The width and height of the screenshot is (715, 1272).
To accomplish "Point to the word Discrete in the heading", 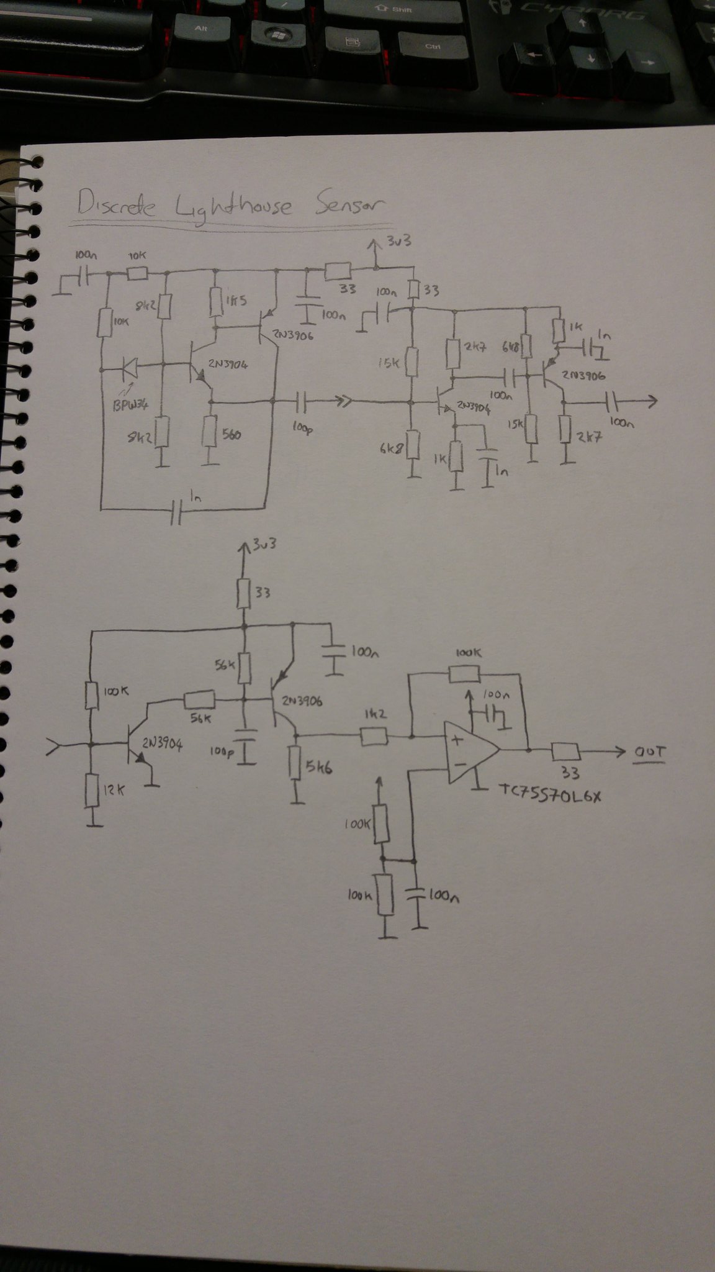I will point(116,204).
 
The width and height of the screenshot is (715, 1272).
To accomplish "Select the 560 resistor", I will point(211,433).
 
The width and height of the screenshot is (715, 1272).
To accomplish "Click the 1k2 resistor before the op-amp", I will point(374,737).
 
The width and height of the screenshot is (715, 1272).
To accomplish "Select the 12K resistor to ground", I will point(92,789).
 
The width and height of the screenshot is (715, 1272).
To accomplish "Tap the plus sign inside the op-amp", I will point(457,740).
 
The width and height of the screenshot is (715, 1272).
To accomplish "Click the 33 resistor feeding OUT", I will point(565,752).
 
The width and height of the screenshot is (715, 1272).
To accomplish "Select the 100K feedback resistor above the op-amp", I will point(464,675).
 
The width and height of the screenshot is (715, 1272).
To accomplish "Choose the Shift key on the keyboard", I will point(397,11).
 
